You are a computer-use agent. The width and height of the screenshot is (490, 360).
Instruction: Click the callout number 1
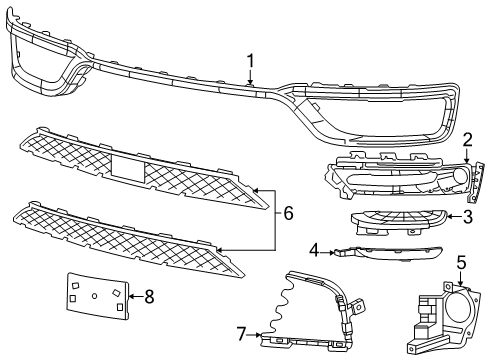(251, 62)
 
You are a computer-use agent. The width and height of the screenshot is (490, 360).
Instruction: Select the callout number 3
(467, 214)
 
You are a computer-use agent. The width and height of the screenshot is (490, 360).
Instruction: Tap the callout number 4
(313, 249)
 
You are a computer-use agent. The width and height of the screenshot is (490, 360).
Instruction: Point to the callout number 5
(461, 263)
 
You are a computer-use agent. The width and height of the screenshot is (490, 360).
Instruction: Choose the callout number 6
(288, 212)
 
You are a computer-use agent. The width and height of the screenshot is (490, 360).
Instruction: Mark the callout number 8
(150, 296)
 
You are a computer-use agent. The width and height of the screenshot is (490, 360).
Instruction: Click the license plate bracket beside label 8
(98, 296)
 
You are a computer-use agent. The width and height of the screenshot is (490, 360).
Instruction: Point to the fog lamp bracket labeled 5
(440, 316)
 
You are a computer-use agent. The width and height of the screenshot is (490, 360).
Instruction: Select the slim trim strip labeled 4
(385, 255)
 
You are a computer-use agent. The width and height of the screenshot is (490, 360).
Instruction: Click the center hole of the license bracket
(93, 295)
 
